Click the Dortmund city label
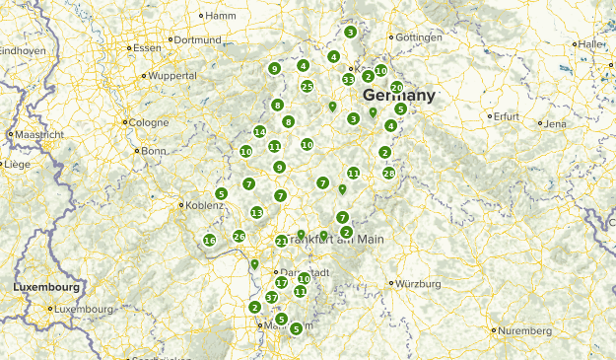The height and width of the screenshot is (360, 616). click(x=199, y=39)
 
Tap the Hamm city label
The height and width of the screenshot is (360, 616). click(x=221, y=15)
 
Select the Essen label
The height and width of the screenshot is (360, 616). click(x=146, y=47)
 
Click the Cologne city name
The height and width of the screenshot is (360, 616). click(x=148, y=122)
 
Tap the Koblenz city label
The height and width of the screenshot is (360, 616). click(x=204, y=205)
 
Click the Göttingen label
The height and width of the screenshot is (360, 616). click(x=418, y=37)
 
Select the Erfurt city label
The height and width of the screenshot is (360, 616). click(x=507, y=116)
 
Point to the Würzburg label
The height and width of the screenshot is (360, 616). click(x=419, y=283)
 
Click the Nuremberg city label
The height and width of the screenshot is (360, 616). click(x=525, y=330)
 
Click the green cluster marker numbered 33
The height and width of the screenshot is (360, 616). click(x=348, y=79)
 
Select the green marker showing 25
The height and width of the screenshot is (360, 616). click(x=308, y=87)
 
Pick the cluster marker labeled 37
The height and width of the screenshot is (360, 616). click(x=272, y=297)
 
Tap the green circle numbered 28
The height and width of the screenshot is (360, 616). click(x=389, y=174)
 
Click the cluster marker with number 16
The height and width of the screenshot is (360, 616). click(x=209, y=241)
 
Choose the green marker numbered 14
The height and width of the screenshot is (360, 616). click(x=260, y=132)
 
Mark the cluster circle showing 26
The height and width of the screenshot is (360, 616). click(x=240, y=236)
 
